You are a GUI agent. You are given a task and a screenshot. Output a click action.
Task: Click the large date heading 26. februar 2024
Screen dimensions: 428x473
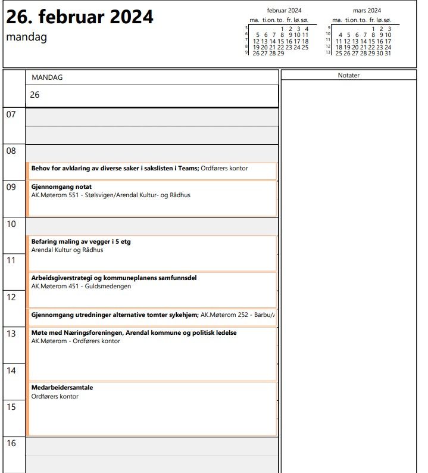80,17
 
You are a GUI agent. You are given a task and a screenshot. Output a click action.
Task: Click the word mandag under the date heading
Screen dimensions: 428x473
26,37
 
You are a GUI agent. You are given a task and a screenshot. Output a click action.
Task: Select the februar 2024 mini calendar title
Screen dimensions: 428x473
284,11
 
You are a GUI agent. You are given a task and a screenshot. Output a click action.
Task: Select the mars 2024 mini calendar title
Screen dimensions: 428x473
367,11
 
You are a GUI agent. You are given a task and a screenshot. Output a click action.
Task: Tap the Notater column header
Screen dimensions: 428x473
348,75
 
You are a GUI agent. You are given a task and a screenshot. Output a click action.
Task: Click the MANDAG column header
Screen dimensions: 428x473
47,77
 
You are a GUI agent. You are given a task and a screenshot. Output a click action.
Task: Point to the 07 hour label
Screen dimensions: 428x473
11,114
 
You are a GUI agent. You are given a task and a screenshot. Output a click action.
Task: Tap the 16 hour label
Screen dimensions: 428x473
11,443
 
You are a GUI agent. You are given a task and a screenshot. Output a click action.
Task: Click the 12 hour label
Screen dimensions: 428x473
11,297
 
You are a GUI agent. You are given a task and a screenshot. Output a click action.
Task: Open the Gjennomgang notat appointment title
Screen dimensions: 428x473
61,186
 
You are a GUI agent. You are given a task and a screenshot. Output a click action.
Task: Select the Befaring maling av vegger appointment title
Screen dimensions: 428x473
80,242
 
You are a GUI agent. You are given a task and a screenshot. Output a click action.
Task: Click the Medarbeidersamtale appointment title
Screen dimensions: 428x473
62,388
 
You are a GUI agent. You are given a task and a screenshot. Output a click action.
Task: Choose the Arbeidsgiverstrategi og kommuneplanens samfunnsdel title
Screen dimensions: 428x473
114,278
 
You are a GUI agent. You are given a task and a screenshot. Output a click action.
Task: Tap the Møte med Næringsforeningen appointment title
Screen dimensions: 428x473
133,332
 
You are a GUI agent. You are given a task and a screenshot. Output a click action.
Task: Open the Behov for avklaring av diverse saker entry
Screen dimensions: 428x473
114,168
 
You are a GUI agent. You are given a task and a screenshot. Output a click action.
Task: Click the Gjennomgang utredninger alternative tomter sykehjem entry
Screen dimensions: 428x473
114,314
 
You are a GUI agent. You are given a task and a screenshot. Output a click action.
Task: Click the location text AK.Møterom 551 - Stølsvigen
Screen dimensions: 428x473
111,195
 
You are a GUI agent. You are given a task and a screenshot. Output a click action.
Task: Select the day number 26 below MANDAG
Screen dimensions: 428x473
35,95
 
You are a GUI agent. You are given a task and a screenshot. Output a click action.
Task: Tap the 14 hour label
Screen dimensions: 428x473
11,371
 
